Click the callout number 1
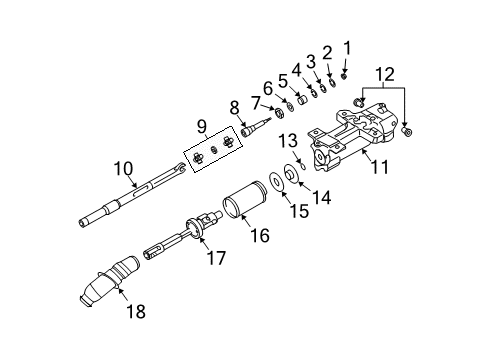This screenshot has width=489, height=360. pyautogui.click(x=348, y=46)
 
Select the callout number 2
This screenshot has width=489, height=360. pyautogui.click(x=326, y=54)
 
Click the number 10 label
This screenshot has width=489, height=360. pyautogui.click(x=122, y=168)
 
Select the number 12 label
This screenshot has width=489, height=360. pyautogui.click(x=386, y=72)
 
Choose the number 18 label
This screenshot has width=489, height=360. pyautogui.click(x=134, y=312)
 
